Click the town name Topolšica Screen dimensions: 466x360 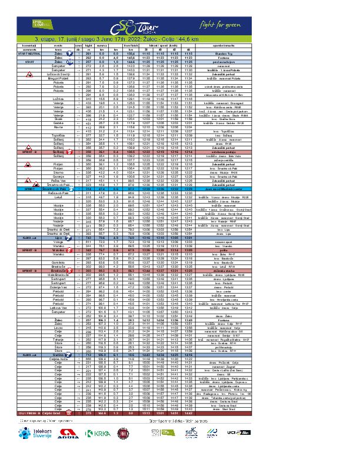point(59,151)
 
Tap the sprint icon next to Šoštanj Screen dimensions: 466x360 point(70,168)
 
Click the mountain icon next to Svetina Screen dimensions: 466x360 point(70,355)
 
